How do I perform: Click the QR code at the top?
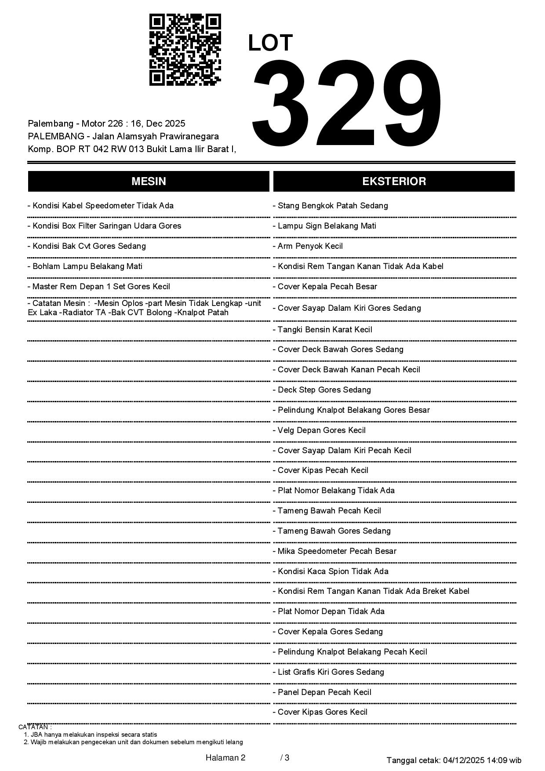click(x=185, y=50)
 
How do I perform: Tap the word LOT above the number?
click(x=270, y=43)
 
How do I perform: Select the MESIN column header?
click(x=149, y=182)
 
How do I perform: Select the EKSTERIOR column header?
click(x=394, y=182)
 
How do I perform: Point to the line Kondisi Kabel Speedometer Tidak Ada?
click(x=101, y=206)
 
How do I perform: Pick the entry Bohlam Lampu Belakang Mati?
click(x=85, y=266)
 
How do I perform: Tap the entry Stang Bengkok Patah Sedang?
click(x=331, y=206)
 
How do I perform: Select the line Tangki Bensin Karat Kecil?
click(x=323, y=330)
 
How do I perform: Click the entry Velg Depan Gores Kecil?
click(x=320, y=430)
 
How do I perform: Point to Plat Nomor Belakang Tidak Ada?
click(x=334, y=491)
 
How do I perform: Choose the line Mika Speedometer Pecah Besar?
click(x=335, y=551)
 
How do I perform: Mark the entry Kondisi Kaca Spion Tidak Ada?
click(x=331, y=571)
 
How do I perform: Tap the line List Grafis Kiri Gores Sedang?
click(x=329, y=672)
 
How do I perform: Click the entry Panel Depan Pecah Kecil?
click(x=322, y=692)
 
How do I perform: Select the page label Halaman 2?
click(x=225, y=758)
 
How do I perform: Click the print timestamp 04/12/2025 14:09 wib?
click(x=482, y=760)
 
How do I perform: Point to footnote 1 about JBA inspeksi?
click(x=91, y=735)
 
